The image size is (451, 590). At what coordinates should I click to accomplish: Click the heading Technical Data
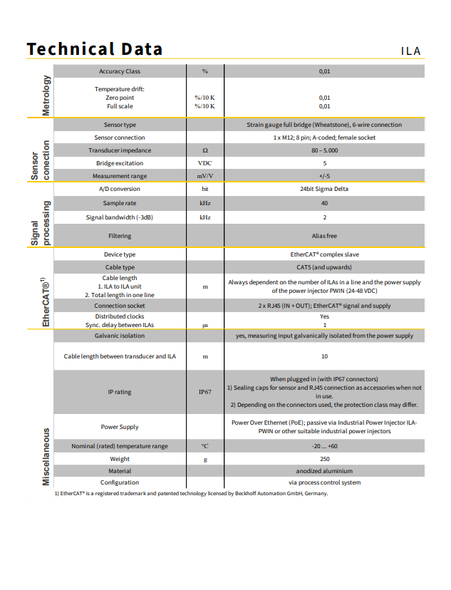(x=94, y=49)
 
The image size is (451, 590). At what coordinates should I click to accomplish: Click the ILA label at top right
(x=410, y=51)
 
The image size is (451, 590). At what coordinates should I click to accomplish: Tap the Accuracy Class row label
(x=120, y=71)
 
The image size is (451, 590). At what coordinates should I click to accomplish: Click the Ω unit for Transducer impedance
(x=204, y=150)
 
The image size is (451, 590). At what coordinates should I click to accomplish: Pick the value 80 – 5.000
(x=324, y=150)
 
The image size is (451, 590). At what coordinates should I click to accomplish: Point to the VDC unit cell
(x=204, y=163)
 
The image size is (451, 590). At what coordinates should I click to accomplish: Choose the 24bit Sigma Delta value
(x=324, y=189)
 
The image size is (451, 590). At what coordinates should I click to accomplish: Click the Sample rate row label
(x=120, y=203)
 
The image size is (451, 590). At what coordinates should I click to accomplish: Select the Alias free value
(x=324, y=236)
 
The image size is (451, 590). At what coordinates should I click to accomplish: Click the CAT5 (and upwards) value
(x=324, y=267)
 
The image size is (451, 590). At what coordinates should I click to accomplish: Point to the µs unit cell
(x=204, y=326)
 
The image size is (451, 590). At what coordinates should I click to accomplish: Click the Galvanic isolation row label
(x=120, y=336)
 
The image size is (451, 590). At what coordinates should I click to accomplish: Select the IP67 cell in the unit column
(x=204, y=392)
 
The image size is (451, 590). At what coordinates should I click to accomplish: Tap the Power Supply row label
(x=120, y=427)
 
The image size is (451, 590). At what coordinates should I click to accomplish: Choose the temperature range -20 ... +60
(x=324, y=446)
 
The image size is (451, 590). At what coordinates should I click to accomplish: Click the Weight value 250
(x=324, y=459)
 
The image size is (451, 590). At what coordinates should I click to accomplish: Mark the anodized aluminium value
(x=324, y=471)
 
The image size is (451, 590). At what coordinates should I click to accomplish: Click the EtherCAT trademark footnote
(x=191, y=493)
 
